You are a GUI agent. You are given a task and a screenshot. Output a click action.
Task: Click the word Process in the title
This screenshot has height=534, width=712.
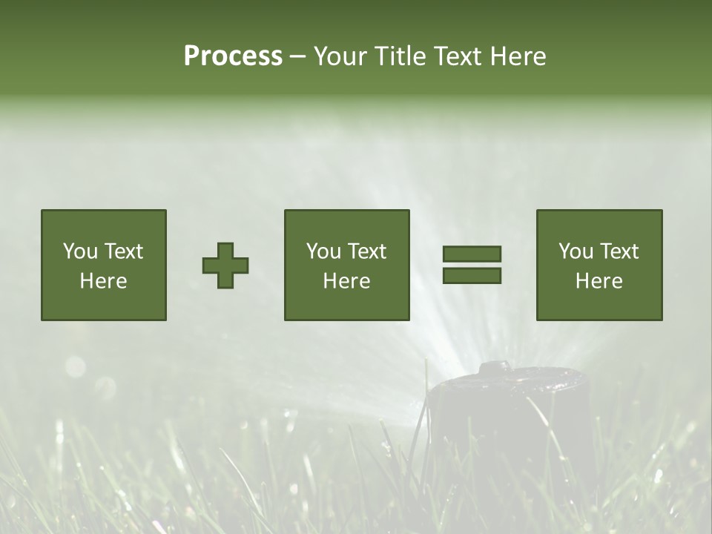[233, 56]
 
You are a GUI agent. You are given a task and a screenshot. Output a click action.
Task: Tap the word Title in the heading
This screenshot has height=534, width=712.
[398, 56]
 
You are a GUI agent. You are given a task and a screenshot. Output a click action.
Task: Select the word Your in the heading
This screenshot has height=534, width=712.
[340, 56]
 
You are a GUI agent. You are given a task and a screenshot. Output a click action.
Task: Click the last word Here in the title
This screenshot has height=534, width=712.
[518, 56]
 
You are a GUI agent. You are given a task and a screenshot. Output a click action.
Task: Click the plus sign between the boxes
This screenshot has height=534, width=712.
[225, 266]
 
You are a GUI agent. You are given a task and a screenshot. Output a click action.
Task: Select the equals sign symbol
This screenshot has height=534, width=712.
[472, 265]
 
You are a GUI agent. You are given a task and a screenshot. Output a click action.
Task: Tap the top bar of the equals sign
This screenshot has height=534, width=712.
[472, 254]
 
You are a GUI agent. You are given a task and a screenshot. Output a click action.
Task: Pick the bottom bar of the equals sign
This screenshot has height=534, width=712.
[472, 275]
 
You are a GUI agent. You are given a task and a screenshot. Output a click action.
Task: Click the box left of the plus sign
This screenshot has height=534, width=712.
[104, 265]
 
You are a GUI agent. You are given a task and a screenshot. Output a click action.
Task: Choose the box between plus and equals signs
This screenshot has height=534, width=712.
[347, 265]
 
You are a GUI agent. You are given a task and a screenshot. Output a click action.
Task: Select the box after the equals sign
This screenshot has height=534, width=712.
[599, 265]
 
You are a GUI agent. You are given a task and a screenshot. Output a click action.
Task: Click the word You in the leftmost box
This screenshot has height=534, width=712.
[80, 251]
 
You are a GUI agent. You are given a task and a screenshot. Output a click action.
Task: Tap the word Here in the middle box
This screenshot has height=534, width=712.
[347, 281]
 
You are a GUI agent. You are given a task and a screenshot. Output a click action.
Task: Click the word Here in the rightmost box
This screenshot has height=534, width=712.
[599, 281]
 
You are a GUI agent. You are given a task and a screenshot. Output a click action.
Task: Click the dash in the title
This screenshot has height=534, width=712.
[297, 56]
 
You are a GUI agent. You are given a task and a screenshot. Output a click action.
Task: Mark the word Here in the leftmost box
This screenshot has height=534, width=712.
[104, 281]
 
